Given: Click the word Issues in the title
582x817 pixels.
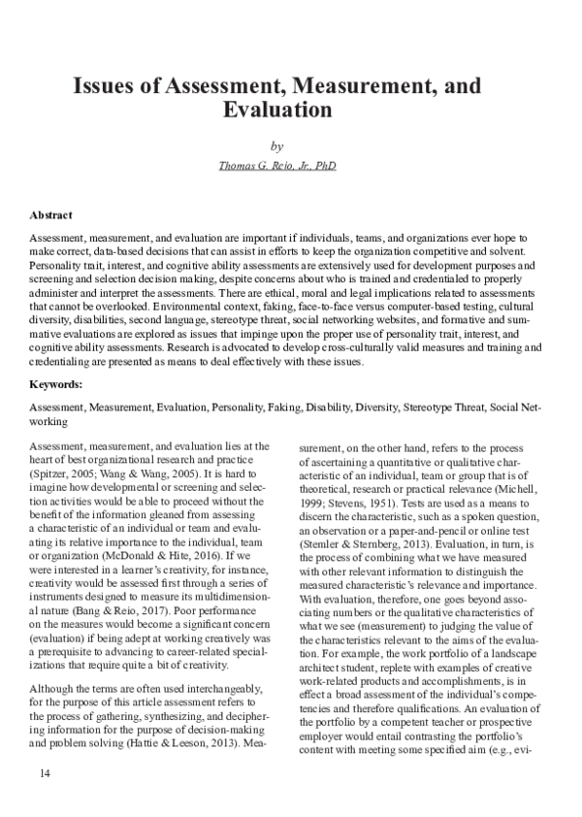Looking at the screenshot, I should pyautogui.click(x=106, y=86).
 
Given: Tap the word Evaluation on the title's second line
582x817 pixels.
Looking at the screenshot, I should pyautogui.click(x=277, y=111).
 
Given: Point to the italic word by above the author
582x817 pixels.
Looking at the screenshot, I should pyautogui.click(x=277, y=147).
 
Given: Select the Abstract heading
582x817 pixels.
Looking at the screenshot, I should pyautogui.click(x=50, y=214).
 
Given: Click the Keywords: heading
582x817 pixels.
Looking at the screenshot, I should pyautogui.click(x=56, y=384).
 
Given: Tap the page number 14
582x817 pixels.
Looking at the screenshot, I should pyautogui.click(x=45, y=771).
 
